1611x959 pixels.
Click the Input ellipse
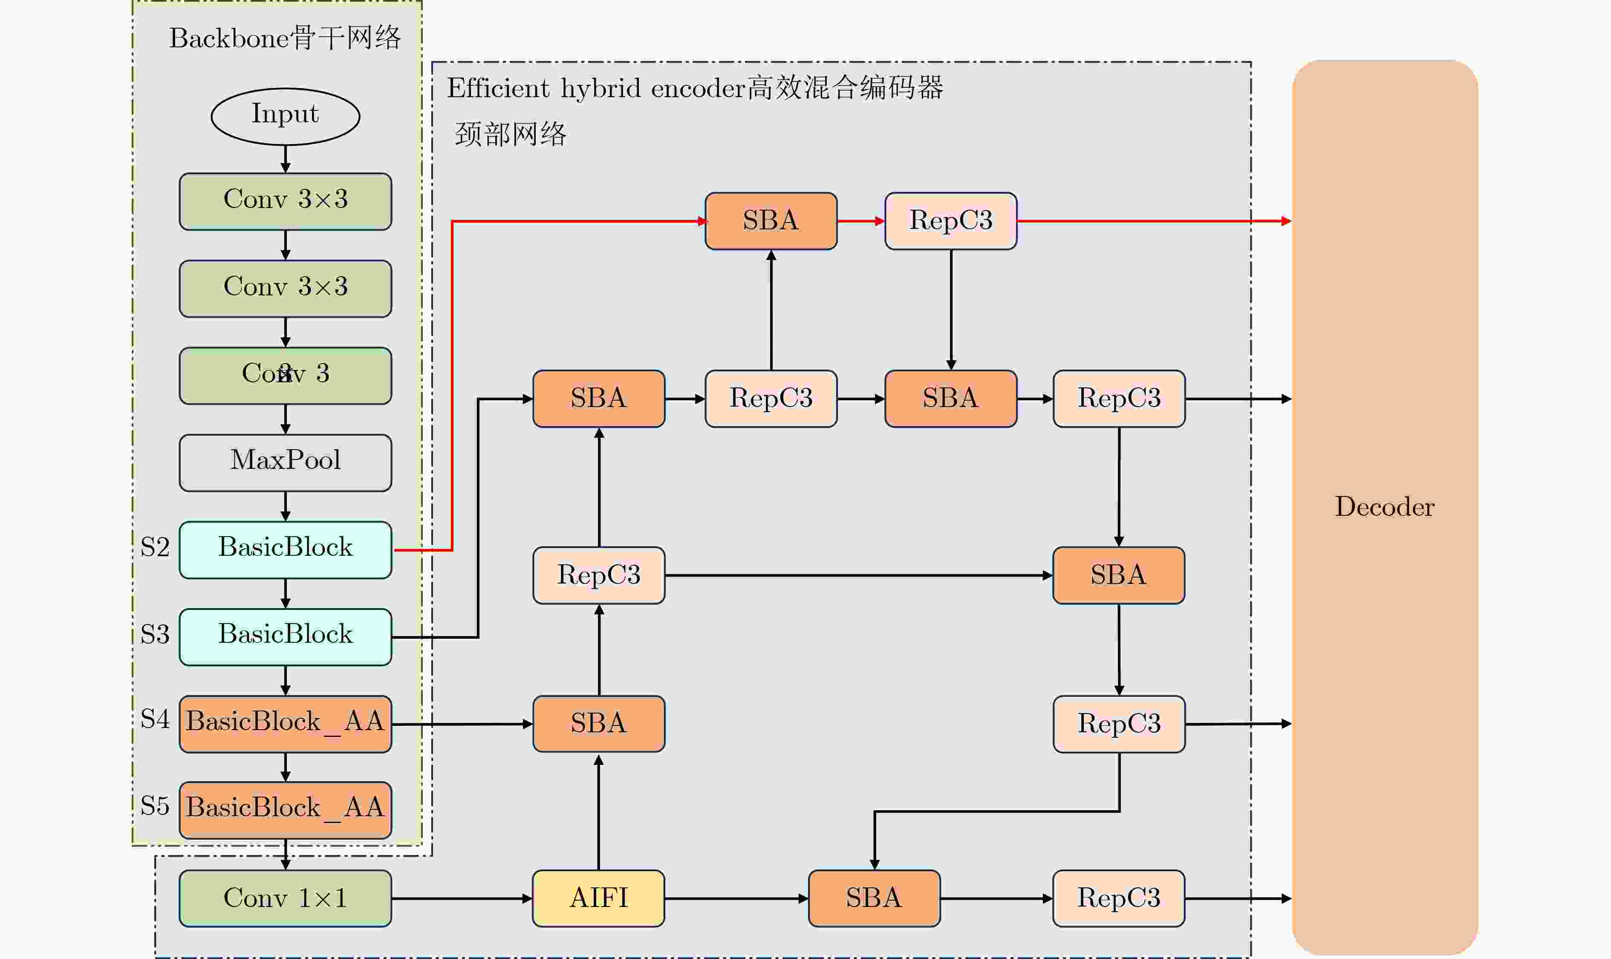[x=285, y=116]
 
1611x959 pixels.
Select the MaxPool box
[x=285, y=463]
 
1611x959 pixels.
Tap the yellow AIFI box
[x=598, y=898]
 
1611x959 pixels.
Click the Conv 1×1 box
[x=285, y=898]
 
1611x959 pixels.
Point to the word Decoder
[x=1384, y=507]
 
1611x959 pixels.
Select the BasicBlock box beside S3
[x=285, y=636]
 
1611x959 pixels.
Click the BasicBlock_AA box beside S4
[x=285, y=724]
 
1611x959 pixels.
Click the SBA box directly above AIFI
[x=598, y=724]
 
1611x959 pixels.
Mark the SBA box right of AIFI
[x=874, y=898]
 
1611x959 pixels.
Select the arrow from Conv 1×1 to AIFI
[x=462, y=898]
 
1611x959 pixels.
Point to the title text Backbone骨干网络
[x=285, y=38]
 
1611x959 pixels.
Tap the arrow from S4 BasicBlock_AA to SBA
[x=462, y=725]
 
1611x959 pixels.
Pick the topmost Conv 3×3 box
[x=285, y=201]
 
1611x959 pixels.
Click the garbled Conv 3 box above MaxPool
[x=285, y=376]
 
